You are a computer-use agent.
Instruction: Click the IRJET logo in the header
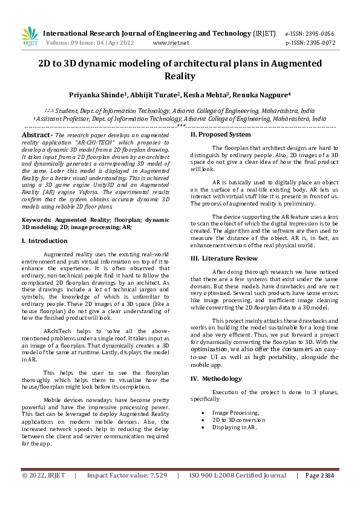(30, 37)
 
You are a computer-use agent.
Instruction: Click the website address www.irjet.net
(171, 43)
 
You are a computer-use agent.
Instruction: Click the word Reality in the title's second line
(180, 76)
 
